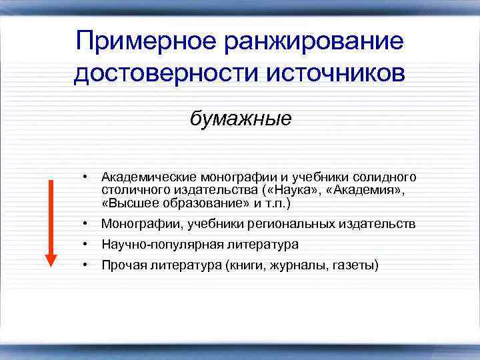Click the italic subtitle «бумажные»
241,119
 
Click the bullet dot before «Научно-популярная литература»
86,245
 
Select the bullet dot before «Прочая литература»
86,265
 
